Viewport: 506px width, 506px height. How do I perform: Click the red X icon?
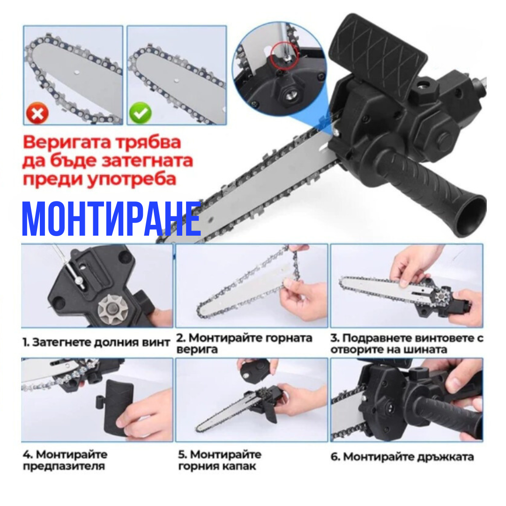[x=37, y=113]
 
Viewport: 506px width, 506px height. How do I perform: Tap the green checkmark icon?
[x=141, y=112]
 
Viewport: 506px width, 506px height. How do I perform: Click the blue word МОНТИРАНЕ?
[x=112, y=219]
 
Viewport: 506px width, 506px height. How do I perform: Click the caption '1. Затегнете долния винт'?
[x=96, y=342]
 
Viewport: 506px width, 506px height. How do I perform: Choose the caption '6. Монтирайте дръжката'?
[x=402, y=457]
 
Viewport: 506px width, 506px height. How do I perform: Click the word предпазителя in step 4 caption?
[x=64, y=466]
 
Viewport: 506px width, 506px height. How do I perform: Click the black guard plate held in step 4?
[x=117, y=406]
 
